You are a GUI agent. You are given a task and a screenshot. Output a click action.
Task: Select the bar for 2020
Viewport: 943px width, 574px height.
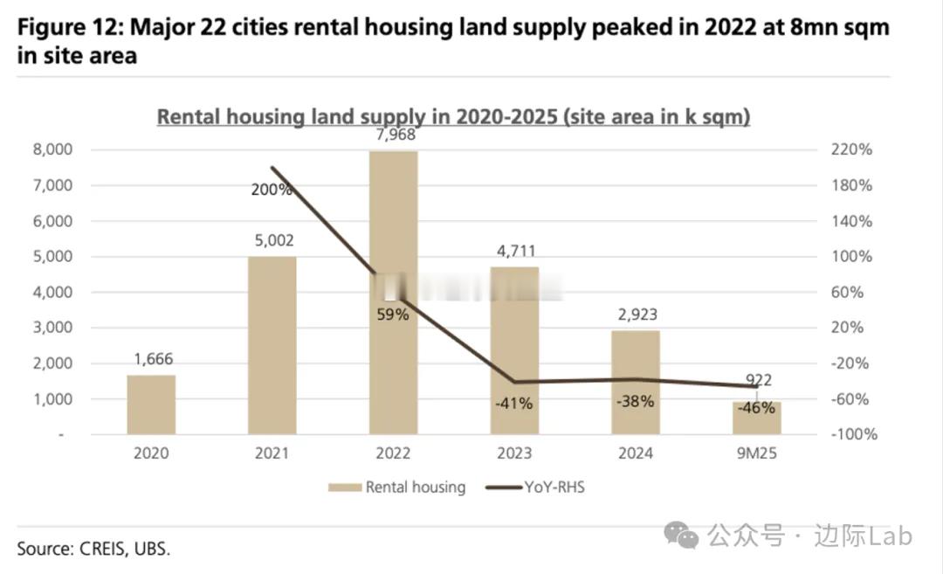pyautogui.click(x=151, y=405)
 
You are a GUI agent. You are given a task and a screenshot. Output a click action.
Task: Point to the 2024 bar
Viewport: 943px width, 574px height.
pyautogui.click(x=636, y=382)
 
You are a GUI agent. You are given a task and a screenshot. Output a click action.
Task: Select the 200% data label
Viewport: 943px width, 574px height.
pyautogui.click(x=273, y=189)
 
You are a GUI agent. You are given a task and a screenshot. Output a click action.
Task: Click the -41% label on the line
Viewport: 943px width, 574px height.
pyautogui.click(x=513, y=404)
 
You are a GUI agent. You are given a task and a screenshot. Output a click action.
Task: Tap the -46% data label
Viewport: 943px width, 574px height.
pyautogui.click(x=756, y=407)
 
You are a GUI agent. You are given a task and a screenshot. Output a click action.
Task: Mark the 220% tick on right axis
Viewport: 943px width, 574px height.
pyautogui.click(x=851, y=150)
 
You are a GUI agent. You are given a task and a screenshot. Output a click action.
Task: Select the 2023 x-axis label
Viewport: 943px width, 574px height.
pyautogui.click(x=513, y=453)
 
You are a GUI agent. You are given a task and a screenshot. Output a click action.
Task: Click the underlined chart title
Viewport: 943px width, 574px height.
pyautogui.click(x=453, y=117)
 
